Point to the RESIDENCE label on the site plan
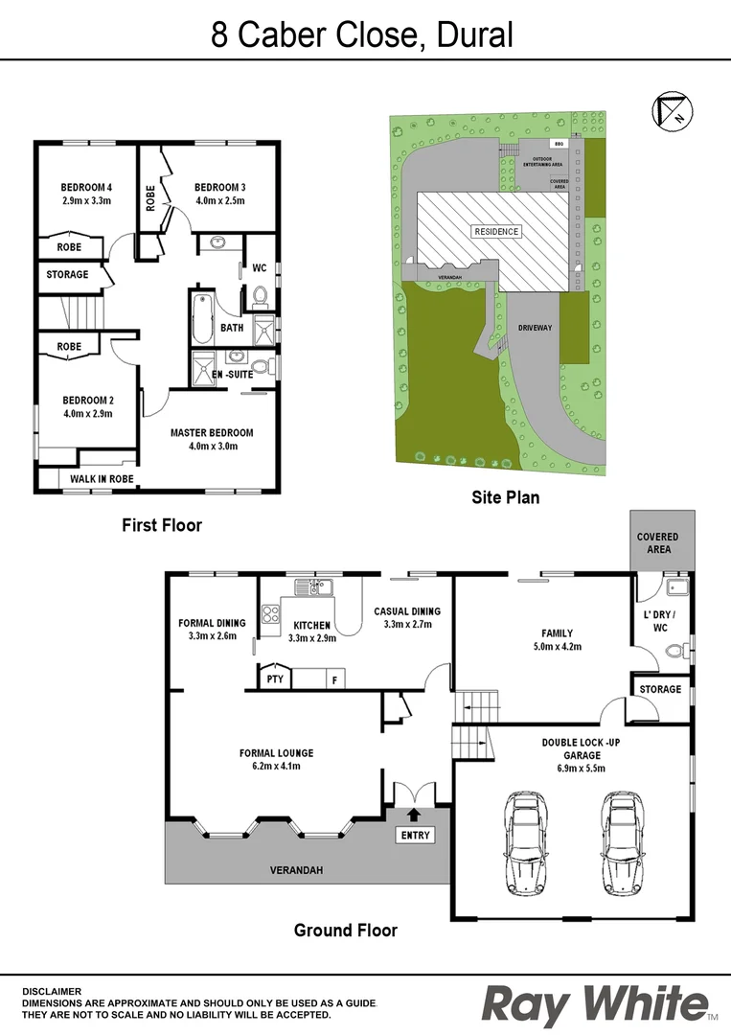[496, 231]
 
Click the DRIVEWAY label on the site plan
[536, 328]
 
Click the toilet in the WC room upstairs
[259, 296]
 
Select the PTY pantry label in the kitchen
[275, 679]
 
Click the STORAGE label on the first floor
[67, 275]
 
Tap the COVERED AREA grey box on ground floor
[658, 542]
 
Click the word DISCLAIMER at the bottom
[52, 991]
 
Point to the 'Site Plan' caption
[505, 497]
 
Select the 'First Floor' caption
[162, 525]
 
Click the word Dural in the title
[475, 35]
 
